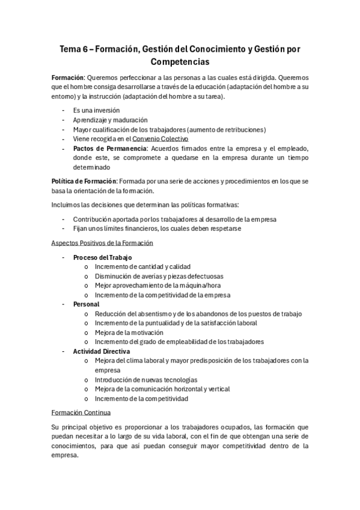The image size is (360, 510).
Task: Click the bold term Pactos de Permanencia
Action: pos(109,149)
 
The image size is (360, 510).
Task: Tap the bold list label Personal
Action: pos(86,304)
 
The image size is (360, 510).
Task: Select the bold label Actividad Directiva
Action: pos(101,351)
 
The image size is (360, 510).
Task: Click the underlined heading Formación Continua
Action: pos(82,413)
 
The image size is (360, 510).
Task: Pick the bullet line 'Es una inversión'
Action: pos(96,111)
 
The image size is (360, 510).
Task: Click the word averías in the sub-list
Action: pos(155,276)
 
